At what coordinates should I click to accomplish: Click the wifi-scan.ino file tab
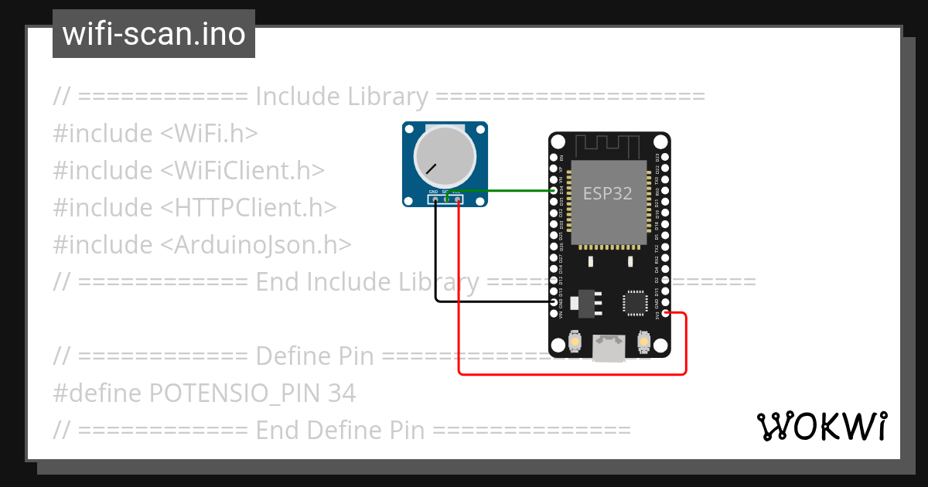(154, 34)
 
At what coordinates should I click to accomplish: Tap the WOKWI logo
(821, 426)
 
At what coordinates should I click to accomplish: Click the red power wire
(572, 374)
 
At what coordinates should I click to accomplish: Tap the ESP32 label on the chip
(607, 193)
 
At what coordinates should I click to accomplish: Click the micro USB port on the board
(608, 348)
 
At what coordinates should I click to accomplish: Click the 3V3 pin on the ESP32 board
(665, 313)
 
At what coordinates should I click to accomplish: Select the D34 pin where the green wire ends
(554, 190)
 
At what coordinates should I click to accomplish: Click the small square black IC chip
(636, 302)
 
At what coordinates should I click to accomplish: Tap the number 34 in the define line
(342, 393)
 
